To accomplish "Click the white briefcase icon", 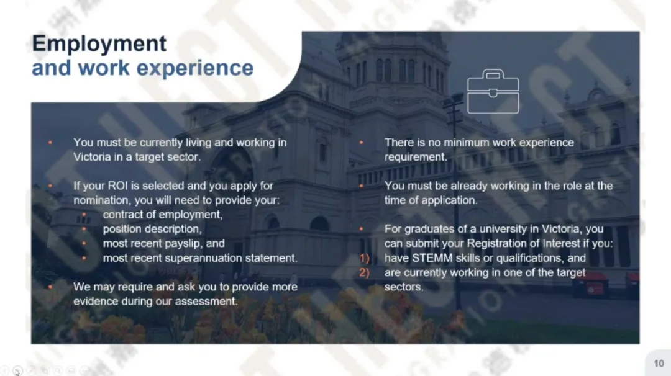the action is point(493,91).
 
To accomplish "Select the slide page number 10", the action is point(659,363).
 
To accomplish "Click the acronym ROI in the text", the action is point(118,186).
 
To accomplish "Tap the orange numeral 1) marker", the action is point(364,258).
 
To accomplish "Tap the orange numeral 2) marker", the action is point(364,272).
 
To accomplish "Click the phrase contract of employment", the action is point(163,215).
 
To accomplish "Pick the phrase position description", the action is point(152,229).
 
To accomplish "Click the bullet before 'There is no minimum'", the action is point(361,142).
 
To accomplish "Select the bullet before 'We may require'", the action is point(50,287).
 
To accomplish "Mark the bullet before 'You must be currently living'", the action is point(50,142).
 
